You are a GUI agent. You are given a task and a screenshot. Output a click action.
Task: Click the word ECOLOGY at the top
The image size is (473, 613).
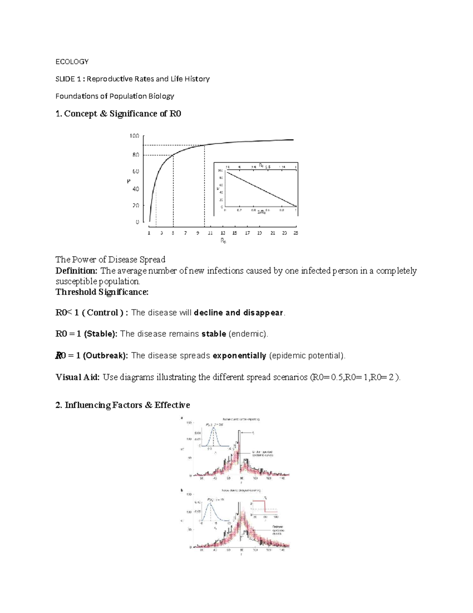[72, 62]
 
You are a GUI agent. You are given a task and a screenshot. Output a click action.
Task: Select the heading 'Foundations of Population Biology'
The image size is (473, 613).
[114, 96]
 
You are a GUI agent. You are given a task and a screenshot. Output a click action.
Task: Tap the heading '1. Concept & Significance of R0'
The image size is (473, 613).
[118, 114]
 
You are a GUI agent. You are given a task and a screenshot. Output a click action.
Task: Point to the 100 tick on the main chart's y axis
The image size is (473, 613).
[134, 136]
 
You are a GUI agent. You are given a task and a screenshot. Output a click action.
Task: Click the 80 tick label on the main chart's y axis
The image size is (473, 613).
[135, 155]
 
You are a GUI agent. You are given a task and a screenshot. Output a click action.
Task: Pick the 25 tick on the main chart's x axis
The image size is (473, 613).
[296, 233]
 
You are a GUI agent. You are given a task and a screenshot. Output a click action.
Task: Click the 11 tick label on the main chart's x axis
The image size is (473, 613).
[210, 233]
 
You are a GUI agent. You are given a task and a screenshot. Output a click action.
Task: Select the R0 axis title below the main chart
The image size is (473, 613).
[223, 240]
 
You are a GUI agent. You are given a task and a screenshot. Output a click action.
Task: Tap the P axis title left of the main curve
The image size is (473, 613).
[128, 181]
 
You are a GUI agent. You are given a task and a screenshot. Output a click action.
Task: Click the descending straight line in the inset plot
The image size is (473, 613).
[260, 189]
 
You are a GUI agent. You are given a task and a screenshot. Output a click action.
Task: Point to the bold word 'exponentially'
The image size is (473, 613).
[239, 356]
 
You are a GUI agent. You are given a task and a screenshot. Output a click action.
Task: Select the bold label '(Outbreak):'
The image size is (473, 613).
[105, 356]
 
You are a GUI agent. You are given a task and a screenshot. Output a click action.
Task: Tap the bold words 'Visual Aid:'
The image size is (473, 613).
[78, 377]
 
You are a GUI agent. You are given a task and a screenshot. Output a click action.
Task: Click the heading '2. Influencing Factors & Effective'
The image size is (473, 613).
[123, 405]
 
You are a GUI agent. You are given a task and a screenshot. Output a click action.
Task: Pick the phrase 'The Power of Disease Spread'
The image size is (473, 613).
[110, 260]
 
